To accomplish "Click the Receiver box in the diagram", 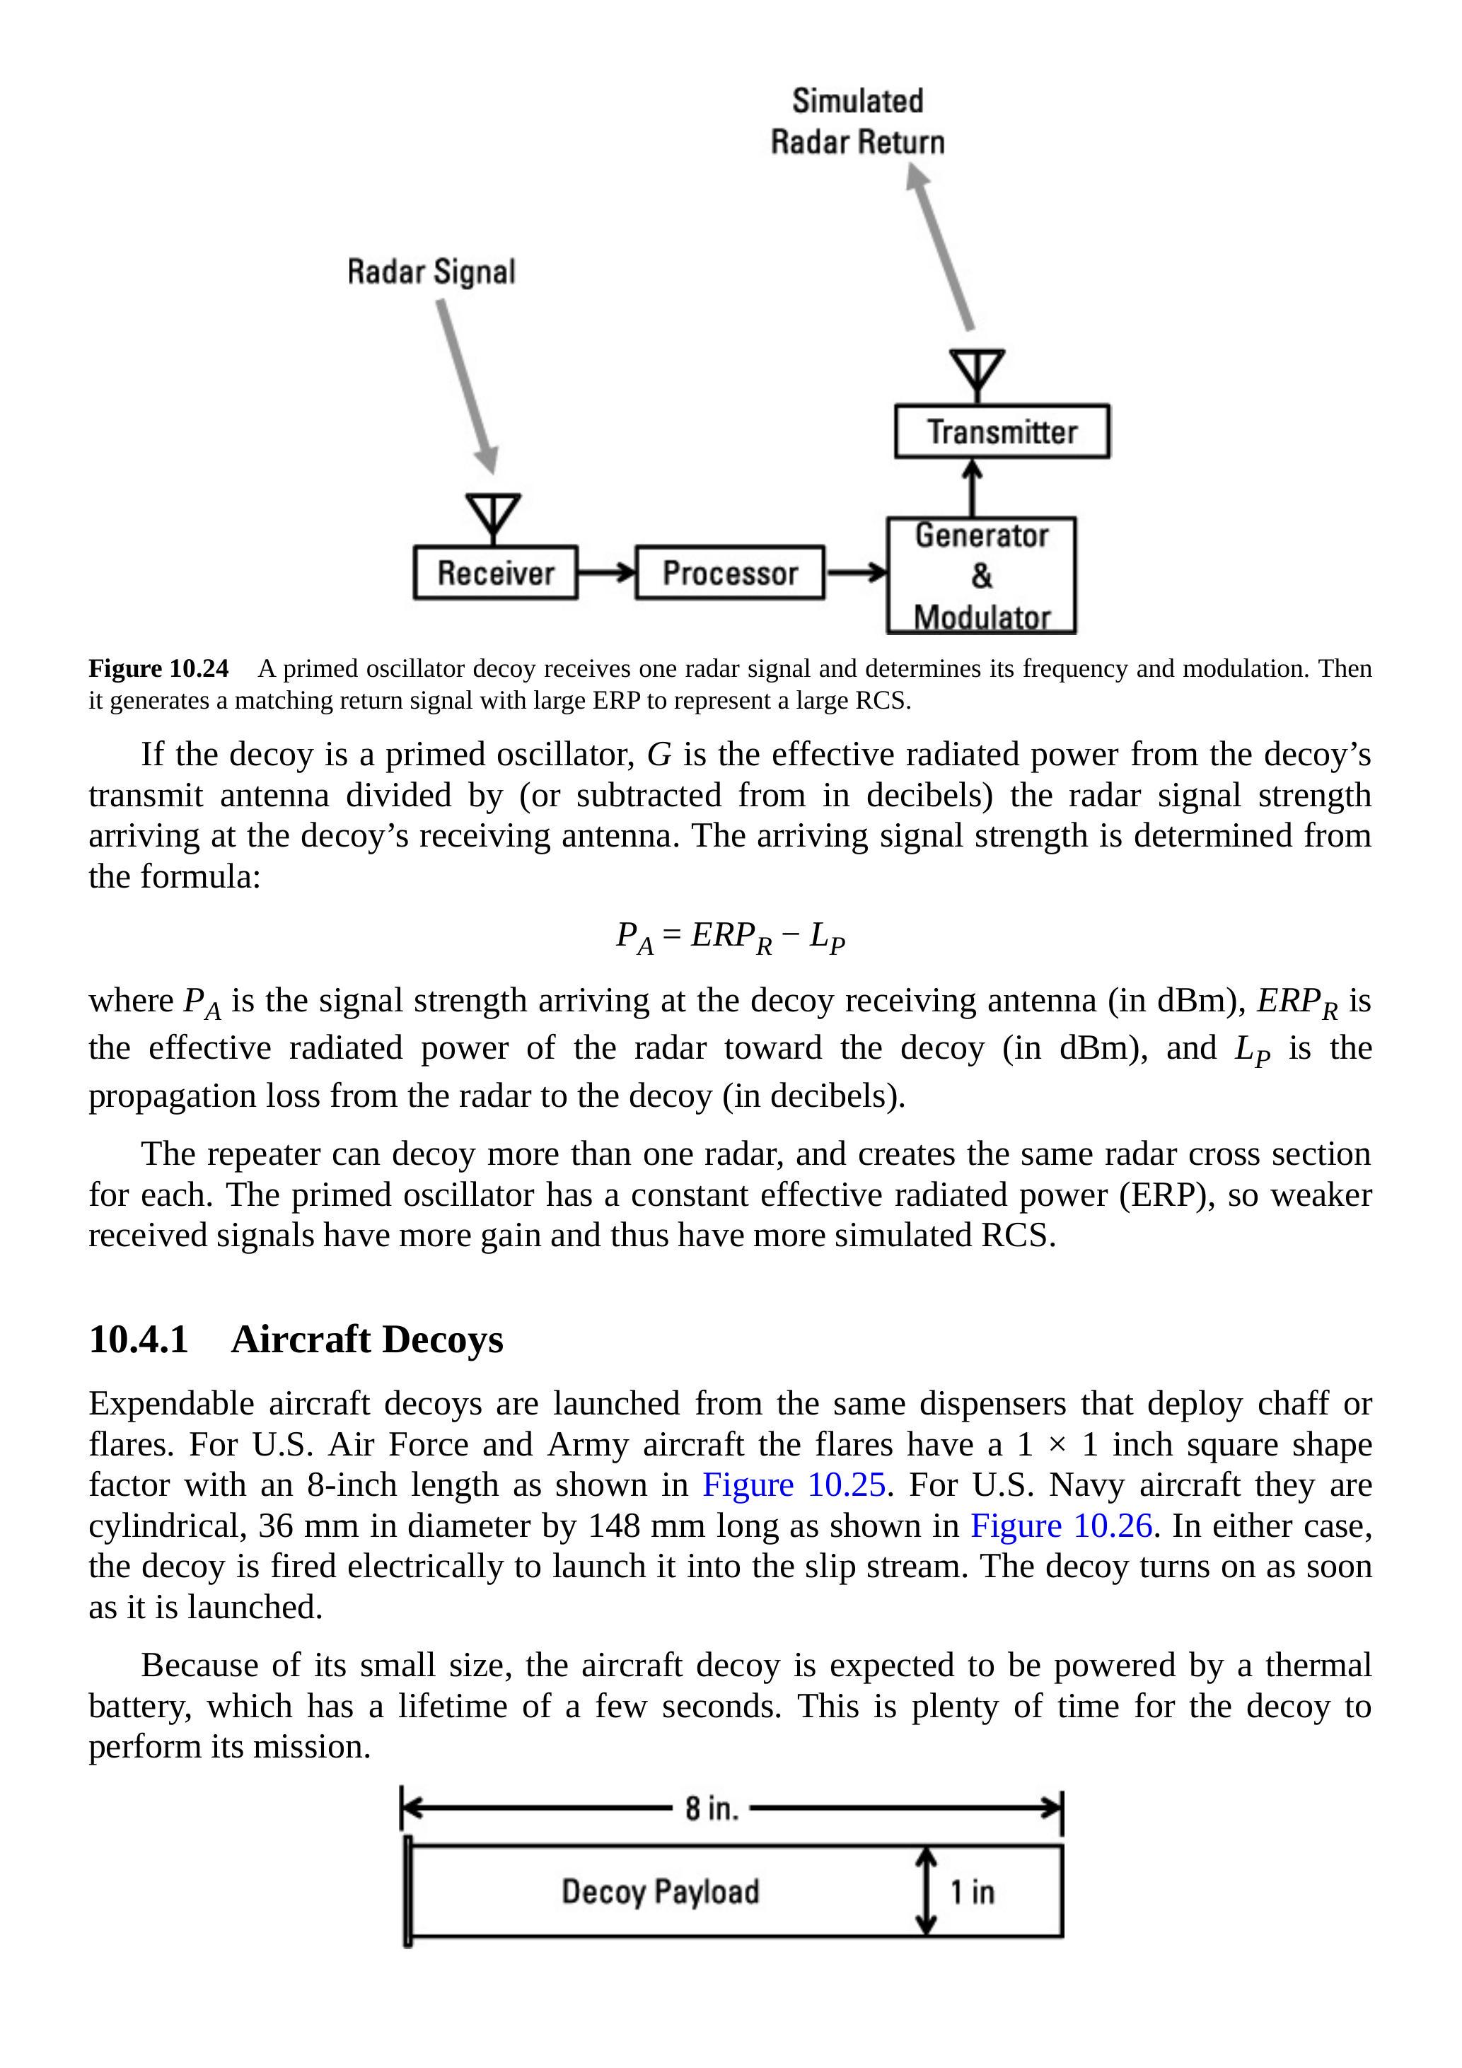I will click(495, 573).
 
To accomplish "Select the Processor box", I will click(730, 573).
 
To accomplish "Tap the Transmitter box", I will click(1002, 432).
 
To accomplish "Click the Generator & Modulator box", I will click(982, 576).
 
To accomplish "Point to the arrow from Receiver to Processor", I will click(606, 572).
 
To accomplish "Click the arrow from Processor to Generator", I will click(856, 572).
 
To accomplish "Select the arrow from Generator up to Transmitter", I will click(972, 487).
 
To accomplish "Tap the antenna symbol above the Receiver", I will click(493, 517).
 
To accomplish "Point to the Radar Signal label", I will click(431, 272).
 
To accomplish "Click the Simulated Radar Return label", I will click(857, 122).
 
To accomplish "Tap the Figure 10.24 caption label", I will click(158, 668).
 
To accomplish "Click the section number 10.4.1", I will click(139, 1340).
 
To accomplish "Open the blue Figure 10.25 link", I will click(794, 1485).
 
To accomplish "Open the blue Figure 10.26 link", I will click(1061, 1526).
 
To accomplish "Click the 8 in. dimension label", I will click(712, 1808).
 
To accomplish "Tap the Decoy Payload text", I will click(661, 1891).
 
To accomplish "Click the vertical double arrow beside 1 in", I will click(926, 1891).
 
